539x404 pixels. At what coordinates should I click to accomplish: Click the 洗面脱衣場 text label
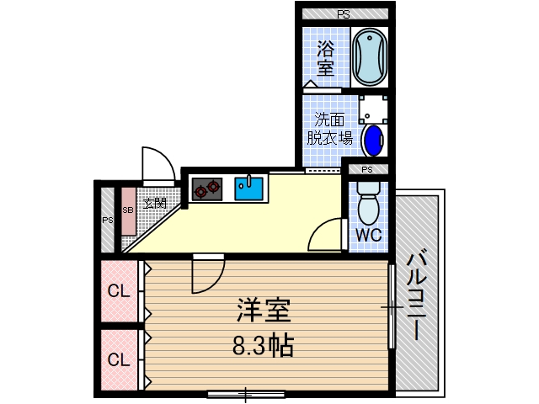328,129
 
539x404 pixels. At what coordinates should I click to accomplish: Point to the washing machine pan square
372,107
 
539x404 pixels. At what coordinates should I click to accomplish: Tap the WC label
367,235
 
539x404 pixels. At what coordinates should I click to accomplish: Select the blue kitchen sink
249,187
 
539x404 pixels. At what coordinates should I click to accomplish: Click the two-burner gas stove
206,188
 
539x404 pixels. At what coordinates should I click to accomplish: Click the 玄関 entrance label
154,203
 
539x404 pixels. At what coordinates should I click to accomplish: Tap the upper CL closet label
118,293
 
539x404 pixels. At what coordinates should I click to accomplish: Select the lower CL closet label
118,360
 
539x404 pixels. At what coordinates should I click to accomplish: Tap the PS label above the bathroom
344,14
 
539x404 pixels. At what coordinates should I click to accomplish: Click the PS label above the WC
367,169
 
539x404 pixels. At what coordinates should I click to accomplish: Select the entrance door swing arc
157,164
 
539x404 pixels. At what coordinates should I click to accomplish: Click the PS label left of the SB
107,221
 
